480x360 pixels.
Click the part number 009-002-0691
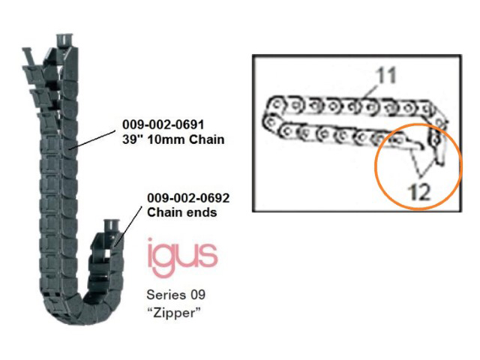tap(163, 124)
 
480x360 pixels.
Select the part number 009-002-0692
tap(188, 198)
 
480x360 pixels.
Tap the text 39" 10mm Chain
tap(173, 139)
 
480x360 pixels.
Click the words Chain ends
tap(181, 212)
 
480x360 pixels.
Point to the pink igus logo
tap(182, 258)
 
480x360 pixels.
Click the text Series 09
tap(175, 295)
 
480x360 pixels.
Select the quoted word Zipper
tap(174, 313)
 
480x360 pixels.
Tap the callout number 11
tap(385, 75)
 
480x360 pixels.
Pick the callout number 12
tap(419, 193)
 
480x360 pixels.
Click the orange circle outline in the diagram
tap(376, 166)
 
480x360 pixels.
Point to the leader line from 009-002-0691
tap(92, 140)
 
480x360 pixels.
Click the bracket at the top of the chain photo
tap(64, 39)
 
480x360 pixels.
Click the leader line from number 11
tap(370, 92)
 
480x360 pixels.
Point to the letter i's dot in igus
tap(150, 241)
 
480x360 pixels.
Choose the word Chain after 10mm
tap(207, 139)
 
